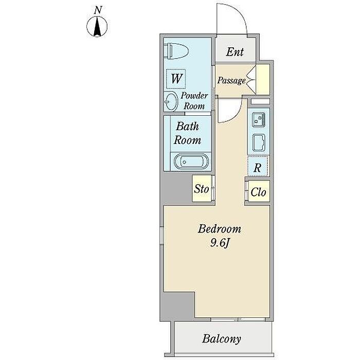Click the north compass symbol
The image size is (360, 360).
click(x=97, y=27)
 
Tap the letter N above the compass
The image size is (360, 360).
click(x=98, y=10)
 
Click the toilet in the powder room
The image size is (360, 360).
click(x=176, y=51)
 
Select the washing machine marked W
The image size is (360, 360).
click(x=176, y=79)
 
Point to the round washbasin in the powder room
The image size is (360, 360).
click(x=171, y=101)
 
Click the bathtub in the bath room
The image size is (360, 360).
click(x=191, y=161)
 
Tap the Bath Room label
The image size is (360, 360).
click(x=187, y=133)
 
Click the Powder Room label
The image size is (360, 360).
click(x=194, y=101)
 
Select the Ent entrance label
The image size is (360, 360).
click(x=235, y=51)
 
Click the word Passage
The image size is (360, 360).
click(x=231, y=80)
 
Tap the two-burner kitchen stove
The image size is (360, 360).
click(x=259, y=119)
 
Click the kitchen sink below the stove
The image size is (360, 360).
click(x=259, y=142)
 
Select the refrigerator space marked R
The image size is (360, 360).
click(x=258, y=166)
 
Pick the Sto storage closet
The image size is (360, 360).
click(x=202, y=189)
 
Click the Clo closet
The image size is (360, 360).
click(x=259, y=191)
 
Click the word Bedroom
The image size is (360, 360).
click(x=220, y=229)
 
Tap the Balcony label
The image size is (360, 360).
click(x=222, y=339)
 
